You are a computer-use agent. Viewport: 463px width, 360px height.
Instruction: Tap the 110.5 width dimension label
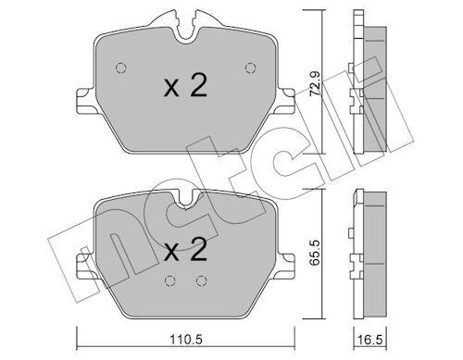click(186, 340)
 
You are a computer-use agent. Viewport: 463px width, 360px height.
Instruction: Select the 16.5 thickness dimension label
click(370, 340)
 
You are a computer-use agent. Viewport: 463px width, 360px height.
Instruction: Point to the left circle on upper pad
click(121, 68)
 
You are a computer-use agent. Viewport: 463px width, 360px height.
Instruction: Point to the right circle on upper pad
click(251, 68)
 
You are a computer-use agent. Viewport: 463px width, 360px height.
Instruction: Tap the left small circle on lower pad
click(169, 280)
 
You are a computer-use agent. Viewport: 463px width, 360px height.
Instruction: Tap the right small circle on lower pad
click(201, 280)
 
